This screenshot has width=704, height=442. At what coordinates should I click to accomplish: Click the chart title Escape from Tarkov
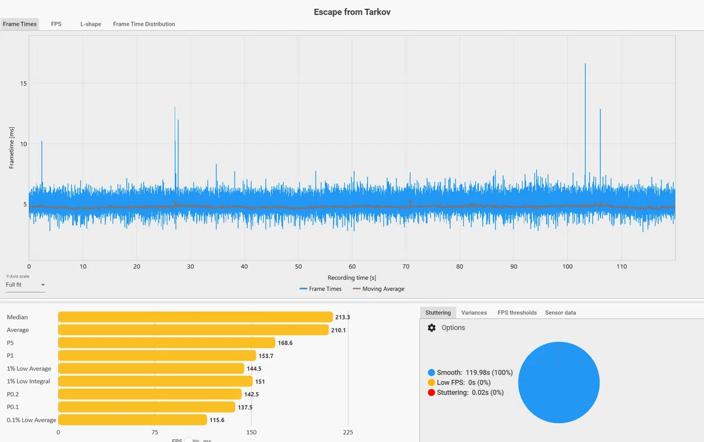[352, 12]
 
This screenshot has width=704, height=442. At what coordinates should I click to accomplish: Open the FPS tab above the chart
[56, 24]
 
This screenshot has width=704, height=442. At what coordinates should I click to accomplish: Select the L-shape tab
[90, 24]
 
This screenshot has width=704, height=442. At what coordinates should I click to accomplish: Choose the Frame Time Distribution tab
[144, 24]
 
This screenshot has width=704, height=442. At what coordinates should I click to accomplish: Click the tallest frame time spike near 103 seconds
[585, 125]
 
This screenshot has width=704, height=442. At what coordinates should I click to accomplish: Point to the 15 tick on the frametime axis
[23, 83]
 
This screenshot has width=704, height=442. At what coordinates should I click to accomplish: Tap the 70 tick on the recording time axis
[406, 266]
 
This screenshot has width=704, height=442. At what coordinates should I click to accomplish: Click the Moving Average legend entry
[379, 288]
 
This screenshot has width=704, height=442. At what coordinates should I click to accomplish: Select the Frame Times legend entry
[320, 288]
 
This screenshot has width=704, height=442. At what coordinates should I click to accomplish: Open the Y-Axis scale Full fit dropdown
[25, 285]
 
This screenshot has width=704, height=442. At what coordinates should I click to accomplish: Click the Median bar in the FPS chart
[195, 317]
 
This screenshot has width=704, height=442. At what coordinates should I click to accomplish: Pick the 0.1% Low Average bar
[133, 420]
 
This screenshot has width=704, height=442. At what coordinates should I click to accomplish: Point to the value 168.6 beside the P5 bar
[285, 343]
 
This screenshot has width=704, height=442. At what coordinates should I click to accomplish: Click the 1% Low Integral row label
[28, 382]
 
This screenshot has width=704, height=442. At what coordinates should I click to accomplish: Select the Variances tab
[474, 312]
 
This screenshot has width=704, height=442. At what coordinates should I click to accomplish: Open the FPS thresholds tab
[517, 312]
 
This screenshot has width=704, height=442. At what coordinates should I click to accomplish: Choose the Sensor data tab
[560, 312]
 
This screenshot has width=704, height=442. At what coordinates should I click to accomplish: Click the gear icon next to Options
[432, 328]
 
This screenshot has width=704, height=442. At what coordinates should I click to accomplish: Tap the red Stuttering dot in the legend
[431, 392]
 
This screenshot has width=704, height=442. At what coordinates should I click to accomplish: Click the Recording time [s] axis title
[351, 278]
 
